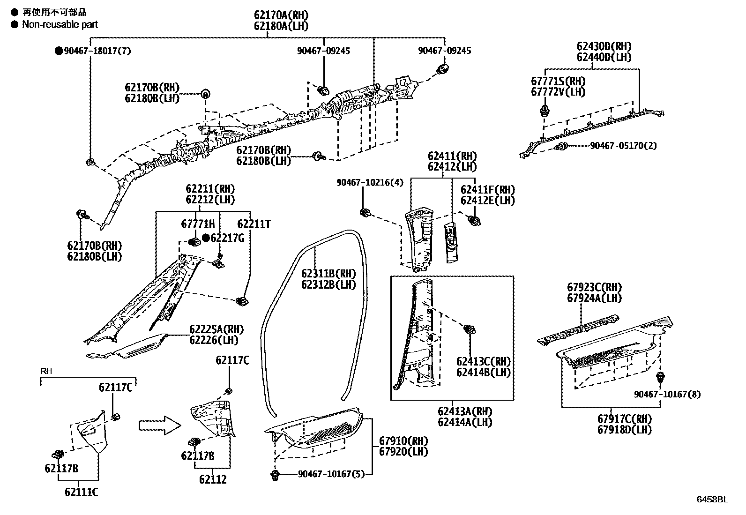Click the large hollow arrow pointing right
(x=159, y=425)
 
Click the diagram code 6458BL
(x=712, y=499)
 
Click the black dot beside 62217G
(x=206, y=238)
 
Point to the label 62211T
(x=254, y=224)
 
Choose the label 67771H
(x=197, y=224)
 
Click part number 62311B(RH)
(x=328, y=274)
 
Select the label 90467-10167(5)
(x=331, y=474)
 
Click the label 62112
(x=213, y=479)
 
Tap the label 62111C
(x=82, y=492)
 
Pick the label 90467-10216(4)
(x=370, y=182)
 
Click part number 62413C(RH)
(x=484, y=362)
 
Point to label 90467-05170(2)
(x=623, y=146)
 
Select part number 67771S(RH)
(x=558, y=82)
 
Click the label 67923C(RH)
(x=594, y=287)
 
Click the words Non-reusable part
(x=60, y=24)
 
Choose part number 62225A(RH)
(x=216, y=329)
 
